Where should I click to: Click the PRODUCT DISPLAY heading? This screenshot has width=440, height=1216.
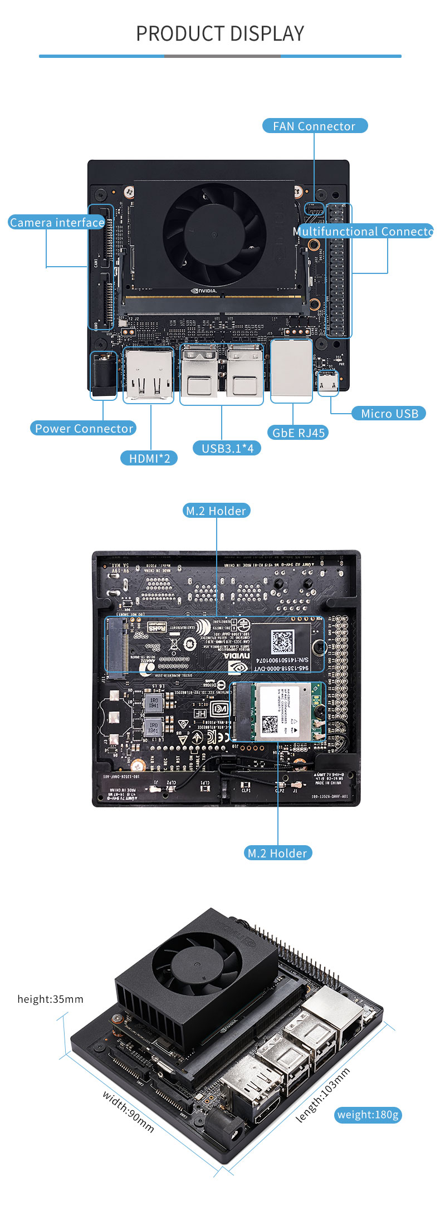[x=220, y=34]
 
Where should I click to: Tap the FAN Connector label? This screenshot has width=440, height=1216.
[x=315, y=126]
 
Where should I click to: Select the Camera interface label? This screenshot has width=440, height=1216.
[x=57, y=223]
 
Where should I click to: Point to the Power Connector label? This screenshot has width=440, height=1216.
[x=84, y=428]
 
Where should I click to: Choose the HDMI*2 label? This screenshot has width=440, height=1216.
[x=149, y=458]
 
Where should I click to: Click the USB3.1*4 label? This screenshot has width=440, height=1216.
[x=227, y=448]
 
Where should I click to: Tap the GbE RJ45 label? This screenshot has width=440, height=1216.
[x=298, y=433]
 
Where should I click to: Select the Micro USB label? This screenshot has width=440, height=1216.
[x=389, y=414]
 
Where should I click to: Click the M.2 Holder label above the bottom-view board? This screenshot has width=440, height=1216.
[x=216, y=511]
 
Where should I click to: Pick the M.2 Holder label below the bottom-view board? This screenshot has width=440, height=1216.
[x=277, y=853]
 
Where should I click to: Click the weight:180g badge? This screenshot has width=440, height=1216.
[x=368, y=1115]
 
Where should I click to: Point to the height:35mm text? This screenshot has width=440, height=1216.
[x=50, y=999]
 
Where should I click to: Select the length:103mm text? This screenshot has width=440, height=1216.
[x=323, y=1095]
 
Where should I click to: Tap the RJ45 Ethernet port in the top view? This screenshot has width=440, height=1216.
[x=291, y=370]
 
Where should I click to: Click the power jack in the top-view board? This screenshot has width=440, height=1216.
[x=104, y=375]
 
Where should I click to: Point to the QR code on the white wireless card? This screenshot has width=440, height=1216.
[x=271, y=724]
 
